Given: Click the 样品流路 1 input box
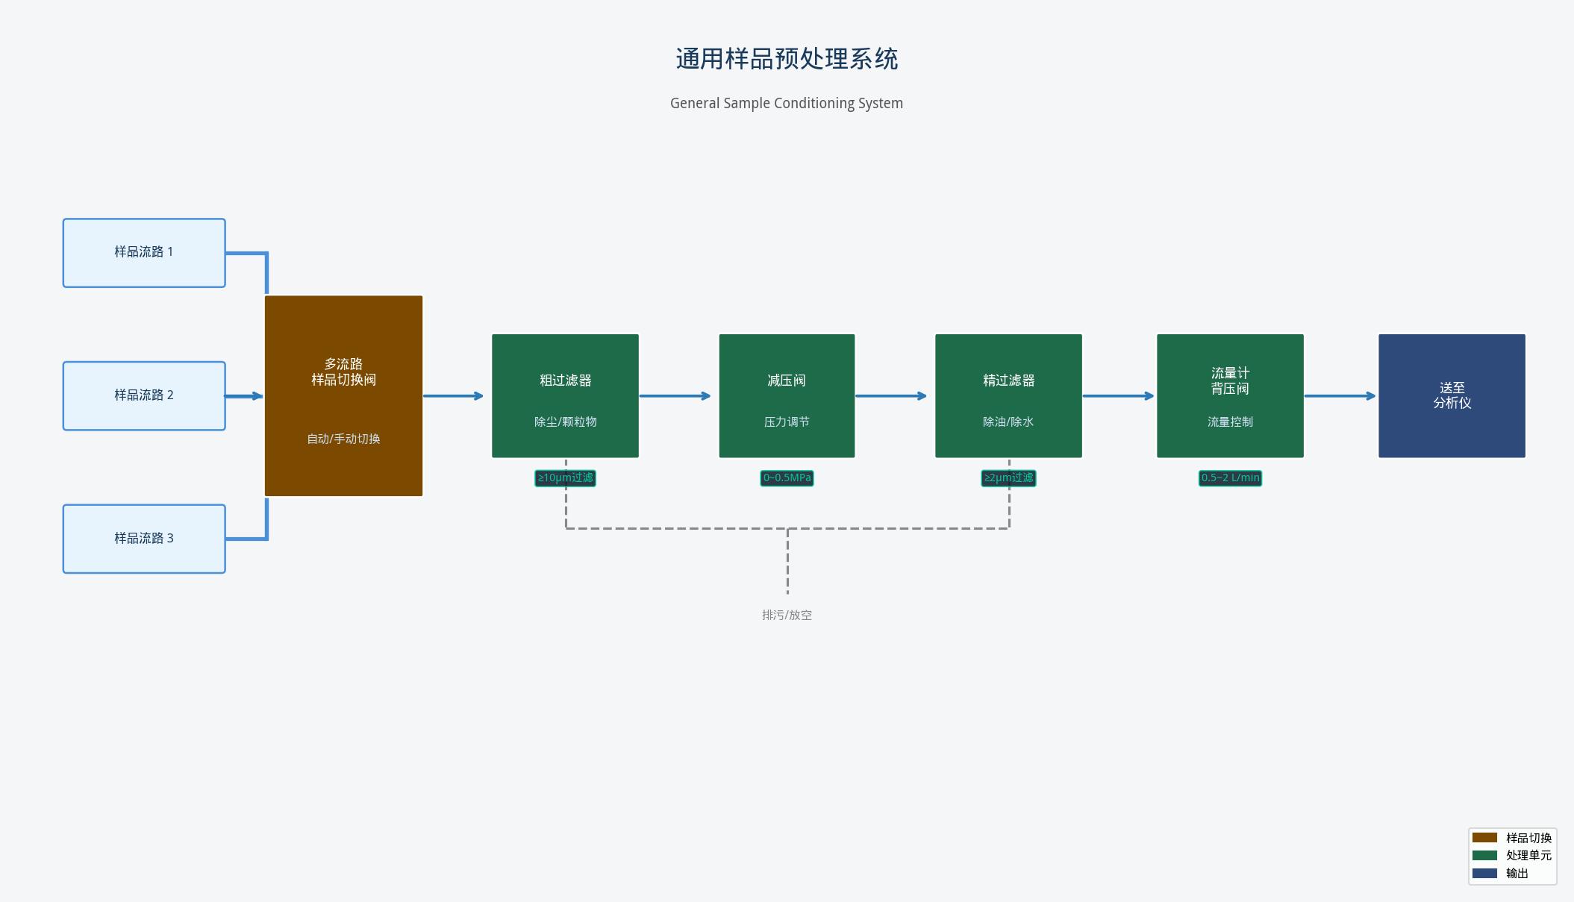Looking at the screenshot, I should [144, 253].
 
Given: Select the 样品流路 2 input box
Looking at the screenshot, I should [144, 396].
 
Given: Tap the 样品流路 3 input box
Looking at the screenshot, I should [144, 539].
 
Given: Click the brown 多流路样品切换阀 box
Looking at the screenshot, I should [343, 395].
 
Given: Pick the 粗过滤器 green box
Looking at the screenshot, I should [565, 395].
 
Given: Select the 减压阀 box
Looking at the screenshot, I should [787, 395].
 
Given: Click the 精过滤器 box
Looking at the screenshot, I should [1008, 395].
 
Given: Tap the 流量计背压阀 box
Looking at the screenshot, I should [1230, 395].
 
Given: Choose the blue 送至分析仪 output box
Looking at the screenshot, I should [1452, 395].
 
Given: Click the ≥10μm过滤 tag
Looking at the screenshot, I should [565, 478].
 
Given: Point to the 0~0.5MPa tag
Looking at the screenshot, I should [787, 478].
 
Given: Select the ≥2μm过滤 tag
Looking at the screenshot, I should [1008, 478].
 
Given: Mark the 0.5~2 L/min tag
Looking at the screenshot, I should [1230, 478].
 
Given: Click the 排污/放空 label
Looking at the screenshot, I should [787, 616].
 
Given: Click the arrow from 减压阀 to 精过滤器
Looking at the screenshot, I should [892, 396].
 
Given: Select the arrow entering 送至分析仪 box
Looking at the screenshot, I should [1340, 396].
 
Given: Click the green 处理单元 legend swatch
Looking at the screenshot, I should [1484, 856].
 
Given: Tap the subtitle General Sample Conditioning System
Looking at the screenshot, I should [787, 104].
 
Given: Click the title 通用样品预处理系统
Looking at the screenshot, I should [787, 59].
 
